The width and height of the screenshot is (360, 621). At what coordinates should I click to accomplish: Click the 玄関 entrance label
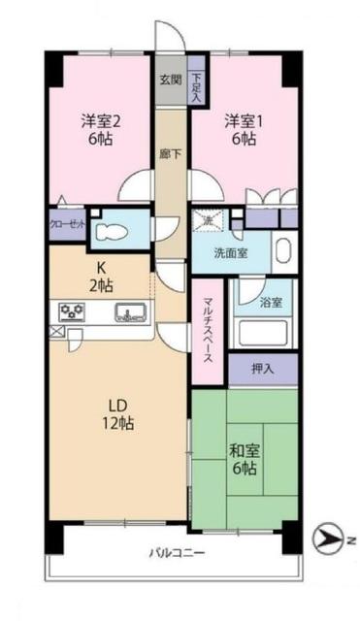170,80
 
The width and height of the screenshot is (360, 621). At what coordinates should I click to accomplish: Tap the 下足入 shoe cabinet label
197,88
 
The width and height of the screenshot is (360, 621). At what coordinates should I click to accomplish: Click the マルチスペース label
209,329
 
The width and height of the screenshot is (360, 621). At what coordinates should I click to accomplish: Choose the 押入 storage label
262,370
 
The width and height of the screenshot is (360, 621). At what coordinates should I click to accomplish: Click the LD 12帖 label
116,413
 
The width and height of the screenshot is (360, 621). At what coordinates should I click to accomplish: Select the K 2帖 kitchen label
100,277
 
